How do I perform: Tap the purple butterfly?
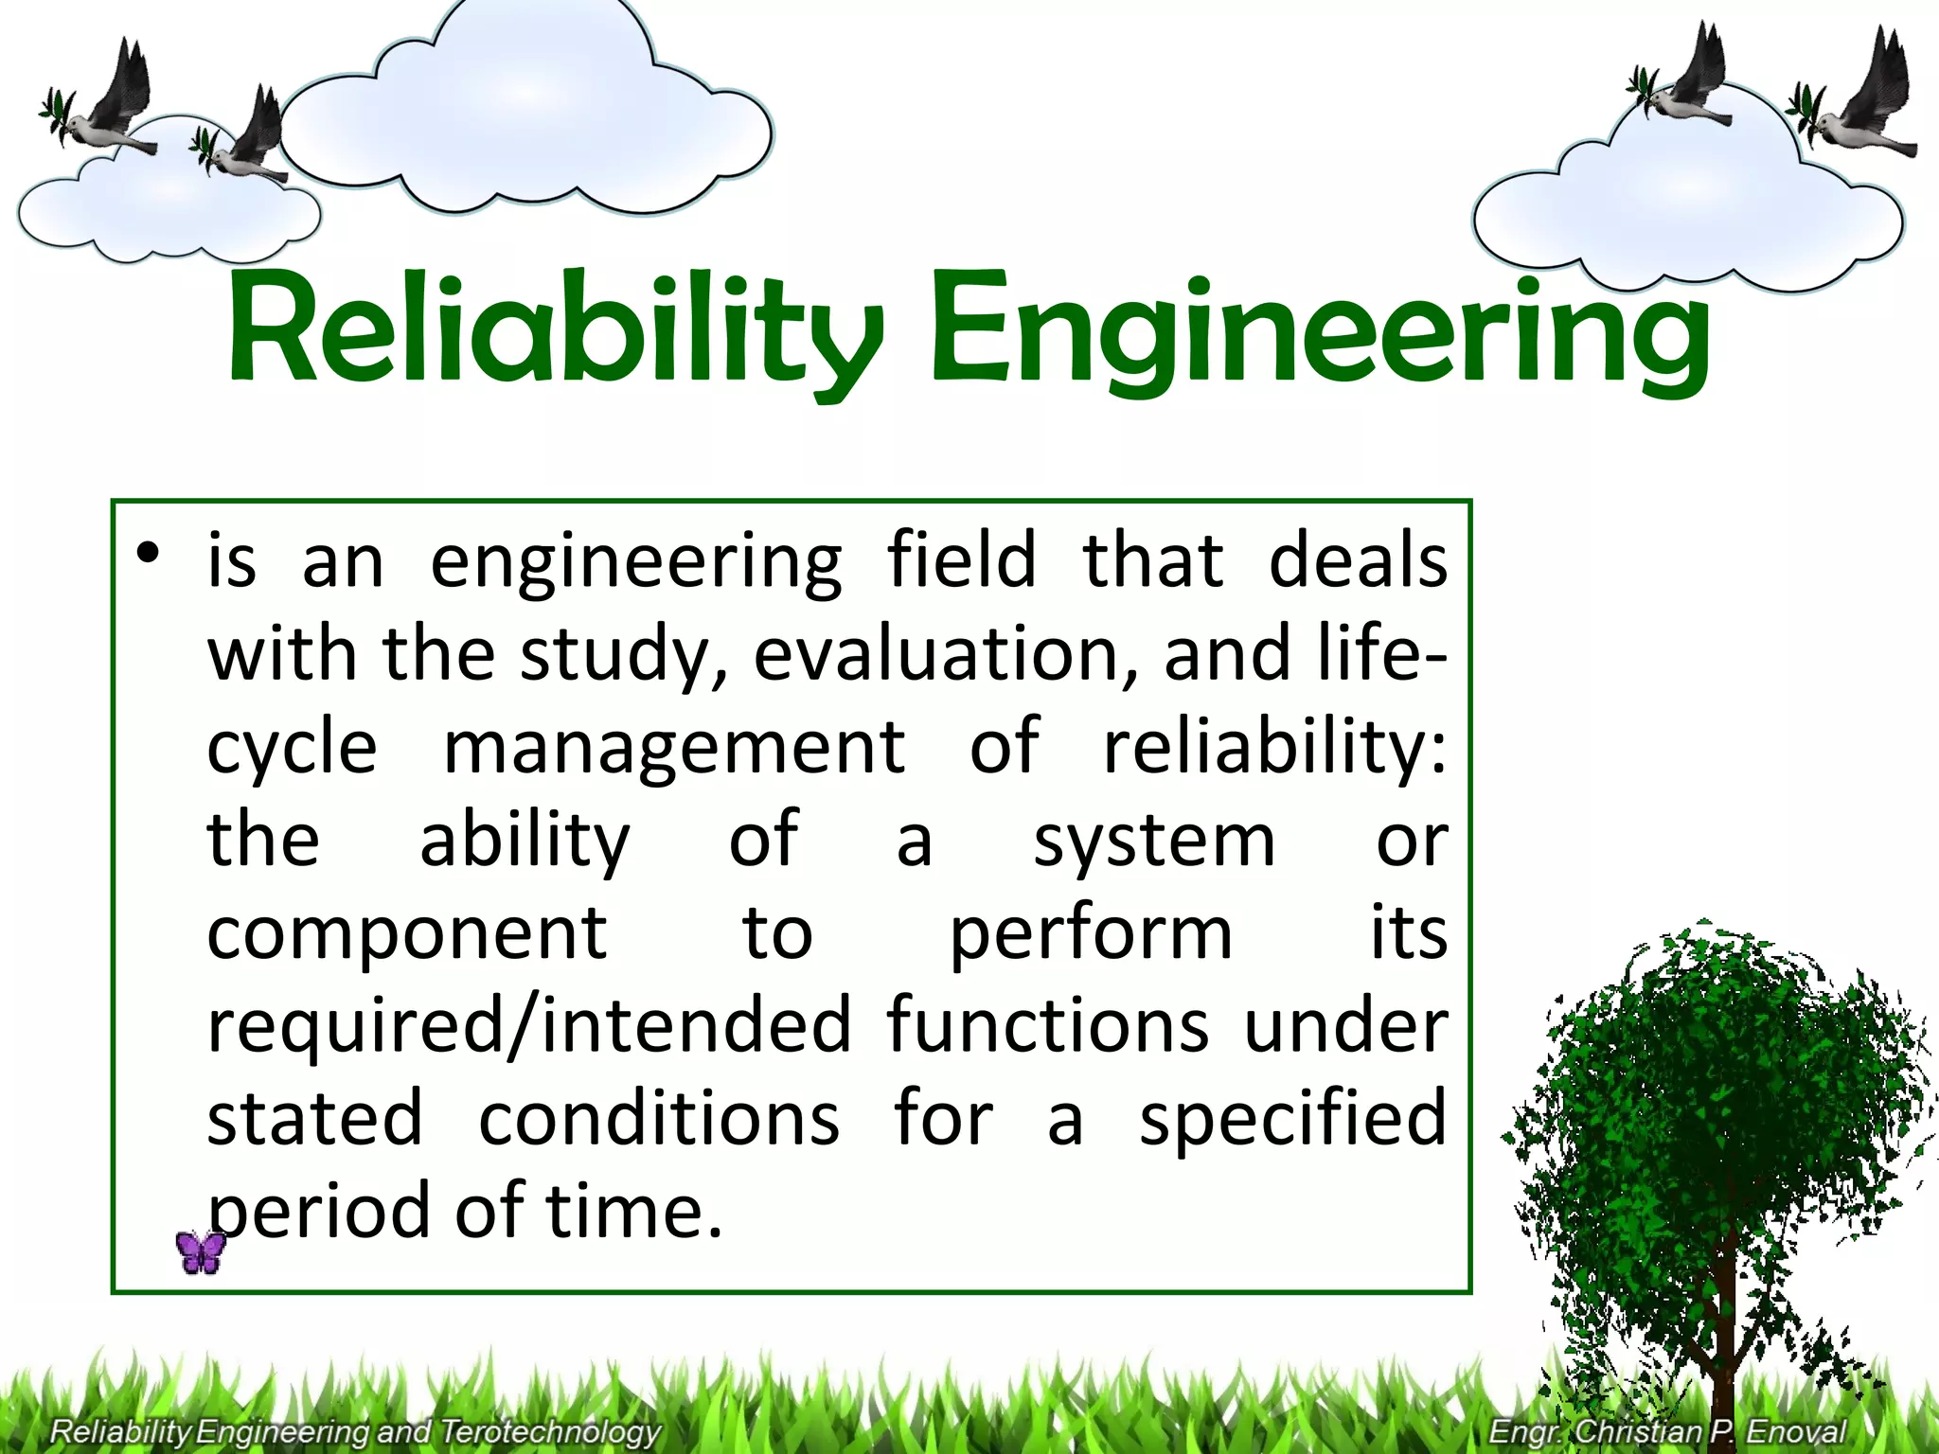[201, 1252]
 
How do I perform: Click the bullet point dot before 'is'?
[147, 555]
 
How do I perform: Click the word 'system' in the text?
[1154, 841]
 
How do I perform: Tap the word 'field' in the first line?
[962, 562]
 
